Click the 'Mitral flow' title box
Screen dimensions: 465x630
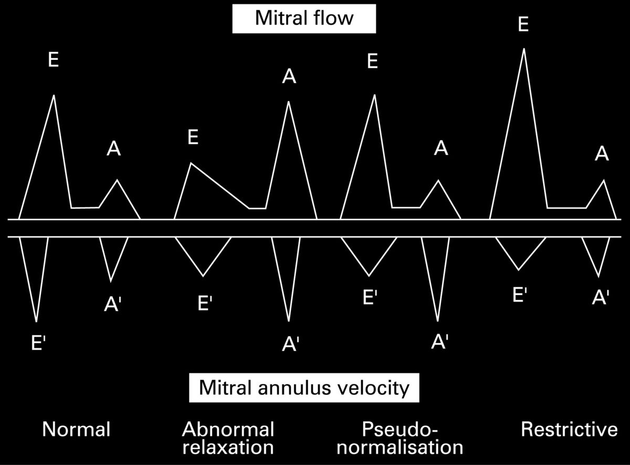pyautogui.click(x=304, y=18)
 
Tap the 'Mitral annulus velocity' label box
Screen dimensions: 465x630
pyautogui.click(x=304, y=388)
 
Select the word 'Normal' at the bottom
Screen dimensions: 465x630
pyautogui.click(x=77, y=430)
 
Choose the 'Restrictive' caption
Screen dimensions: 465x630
pyautogui.click(x=569, y=430)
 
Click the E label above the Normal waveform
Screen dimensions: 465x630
pyautogui.click(x=53, y=60)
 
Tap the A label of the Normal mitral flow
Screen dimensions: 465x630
pyautogui.click(x=114, y=149)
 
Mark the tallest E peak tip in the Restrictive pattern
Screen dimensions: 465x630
pyautogui.click(x=523, y=49)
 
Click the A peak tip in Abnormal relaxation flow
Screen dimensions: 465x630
pyautogui.click(x=288, y=101)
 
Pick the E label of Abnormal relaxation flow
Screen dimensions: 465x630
pyautogui.click(x=193, y=138)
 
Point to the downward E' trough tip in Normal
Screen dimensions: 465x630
pyautogui.click(x=36, y=321)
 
